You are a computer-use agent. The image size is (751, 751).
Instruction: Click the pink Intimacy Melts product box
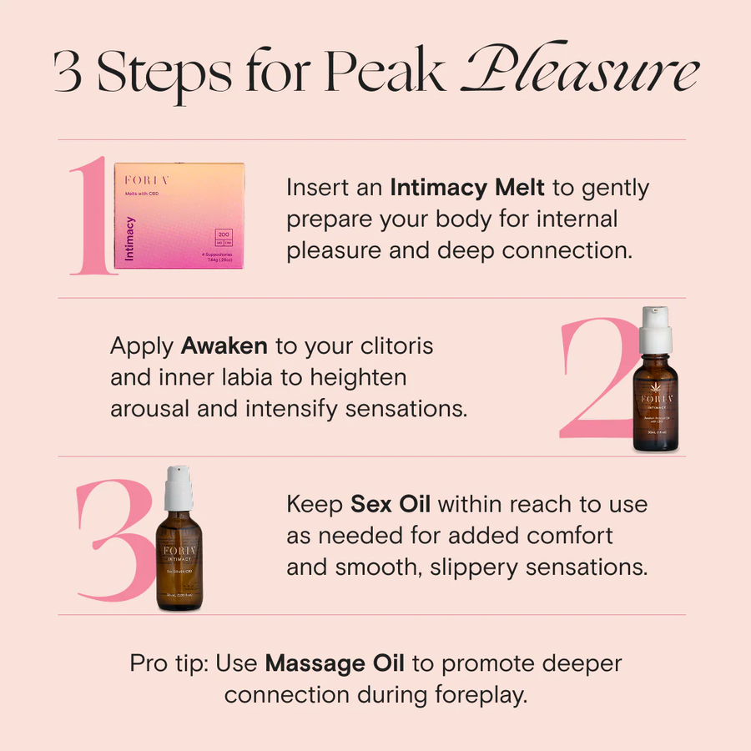179,215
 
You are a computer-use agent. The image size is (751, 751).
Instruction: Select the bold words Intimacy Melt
467,188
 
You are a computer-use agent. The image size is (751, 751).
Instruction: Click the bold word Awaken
224,345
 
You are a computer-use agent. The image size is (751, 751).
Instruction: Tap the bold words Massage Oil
335,663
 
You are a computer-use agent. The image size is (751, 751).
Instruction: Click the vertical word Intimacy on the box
129,239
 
